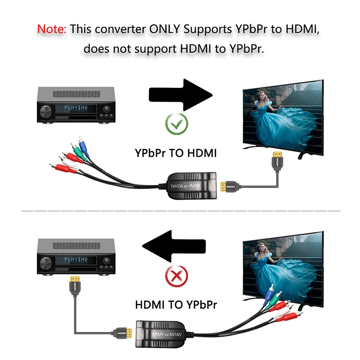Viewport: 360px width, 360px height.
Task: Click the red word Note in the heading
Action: pos(52,29)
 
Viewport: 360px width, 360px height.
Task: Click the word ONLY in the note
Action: pos(164,29)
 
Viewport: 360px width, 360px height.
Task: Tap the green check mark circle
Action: pos(176,124)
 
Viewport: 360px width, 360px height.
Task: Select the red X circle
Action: pos(176,276)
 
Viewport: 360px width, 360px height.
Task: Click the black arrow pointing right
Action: pos(181,95)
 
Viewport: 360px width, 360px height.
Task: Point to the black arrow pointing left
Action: pos(174,246)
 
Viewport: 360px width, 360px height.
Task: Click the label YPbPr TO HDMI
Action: pos(175,153)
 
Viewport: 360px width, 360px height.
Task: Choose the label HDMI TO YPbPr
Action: pos(176,305)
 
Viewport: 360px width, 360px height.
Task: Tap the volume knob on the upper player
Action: pos(46,111)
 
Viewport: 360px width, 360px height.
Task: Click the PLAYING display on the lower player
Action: pos(76,260)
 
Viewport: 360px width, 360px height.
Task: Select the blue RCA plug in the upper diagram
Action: pos(83,147)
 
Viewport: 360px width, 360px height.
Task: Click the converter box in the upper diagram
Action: pos(191,186)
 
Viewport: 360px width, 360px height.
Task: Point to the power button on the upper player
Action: pos(106,108)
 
